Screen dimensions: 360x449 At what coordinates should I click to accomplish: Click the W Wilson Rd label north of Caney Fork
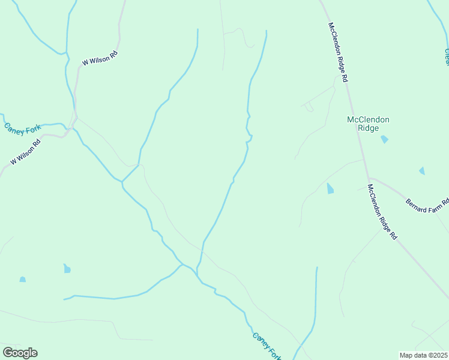pyautogui.click(x=100, y=58)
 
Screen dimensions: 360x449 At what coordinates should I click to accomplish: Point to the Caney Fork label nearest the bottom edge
pyautogui.click(x=267, y=347)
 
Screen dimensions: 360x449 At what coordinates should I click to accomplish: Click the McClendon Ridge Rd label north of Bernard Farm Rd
pyautogui.click(x=338, y=52)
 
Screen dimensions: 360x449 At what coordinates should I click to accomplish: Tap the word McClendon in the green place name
pyautogui.click(x=369, y=119)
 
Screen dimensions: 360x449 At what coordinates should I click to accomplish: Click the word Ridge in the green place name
pyautogui.click(x=369, y=128)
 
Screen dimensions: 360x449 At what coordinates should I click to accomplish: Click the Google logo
pyautogui.click(x=20, y=353)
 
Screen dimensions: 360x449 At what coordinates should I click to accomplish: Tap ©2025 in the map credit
pyautogui.click(x=438, y=355)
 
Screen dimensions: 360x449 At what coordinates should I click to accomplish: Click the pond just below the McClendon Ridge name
pyautogui.click(x=384, y=139)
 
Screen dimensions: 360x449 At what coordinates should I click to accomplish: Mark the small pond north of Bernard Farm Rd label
pyautogui.click(x=421, y=171)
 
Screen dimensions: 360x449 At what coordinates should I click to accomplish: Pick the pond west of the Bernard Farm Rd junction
pyautogui.click(x=330, y=188)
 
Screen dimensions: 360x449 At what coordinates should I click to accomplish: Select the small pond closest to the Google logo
pyautogui.click(x=23, y=279)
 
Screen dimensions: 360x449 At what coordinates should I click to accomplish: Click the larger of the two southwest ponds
pyautogui.click(x=67, y=268)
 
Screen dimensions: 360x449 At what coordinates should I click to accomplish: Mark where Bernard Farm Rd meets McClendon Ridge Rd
pyautogui.click(x=369, y=178)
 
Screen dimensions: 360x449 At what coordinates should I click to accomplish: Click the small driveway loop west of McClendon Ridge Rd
pyautogui.click(x=309, y=107)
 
